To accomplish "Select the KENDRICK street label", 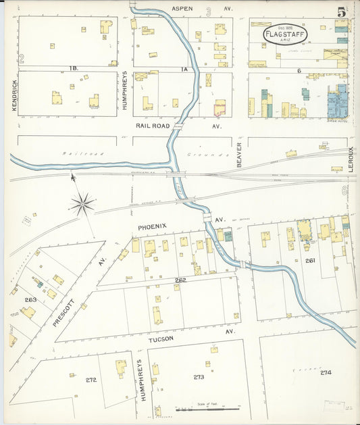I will pos(14,96).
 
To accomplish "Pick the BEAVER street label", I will pos(239,155).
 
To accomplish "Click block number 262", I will pos(180,280).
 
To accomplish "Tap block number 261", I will pos(310,260).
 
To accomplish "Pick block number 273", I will pos(199,377).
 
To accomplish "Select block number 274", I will pos(326,372).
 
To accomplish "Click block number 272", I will pos(91,380).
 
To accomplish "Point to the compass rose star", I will pos(82,203).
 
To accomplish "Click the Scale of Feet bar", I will pos(207,409).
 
